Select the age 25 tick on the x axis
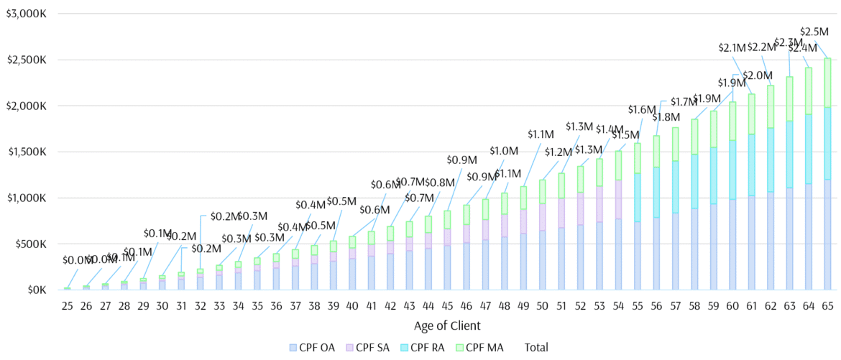pyautogui.click(x=67, y=306)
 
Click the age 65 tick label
pyautogui.click(x=827, y=306)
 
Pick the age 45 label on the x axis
pyautogui.click(x=447, y=306)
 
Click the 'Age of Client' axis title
pyautogui.click(x=447, y=326)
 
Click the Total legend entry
pyautogui.click(x=536, y=348)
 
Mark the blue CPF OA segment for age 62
pyautogui.click(x=771, y=241)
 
